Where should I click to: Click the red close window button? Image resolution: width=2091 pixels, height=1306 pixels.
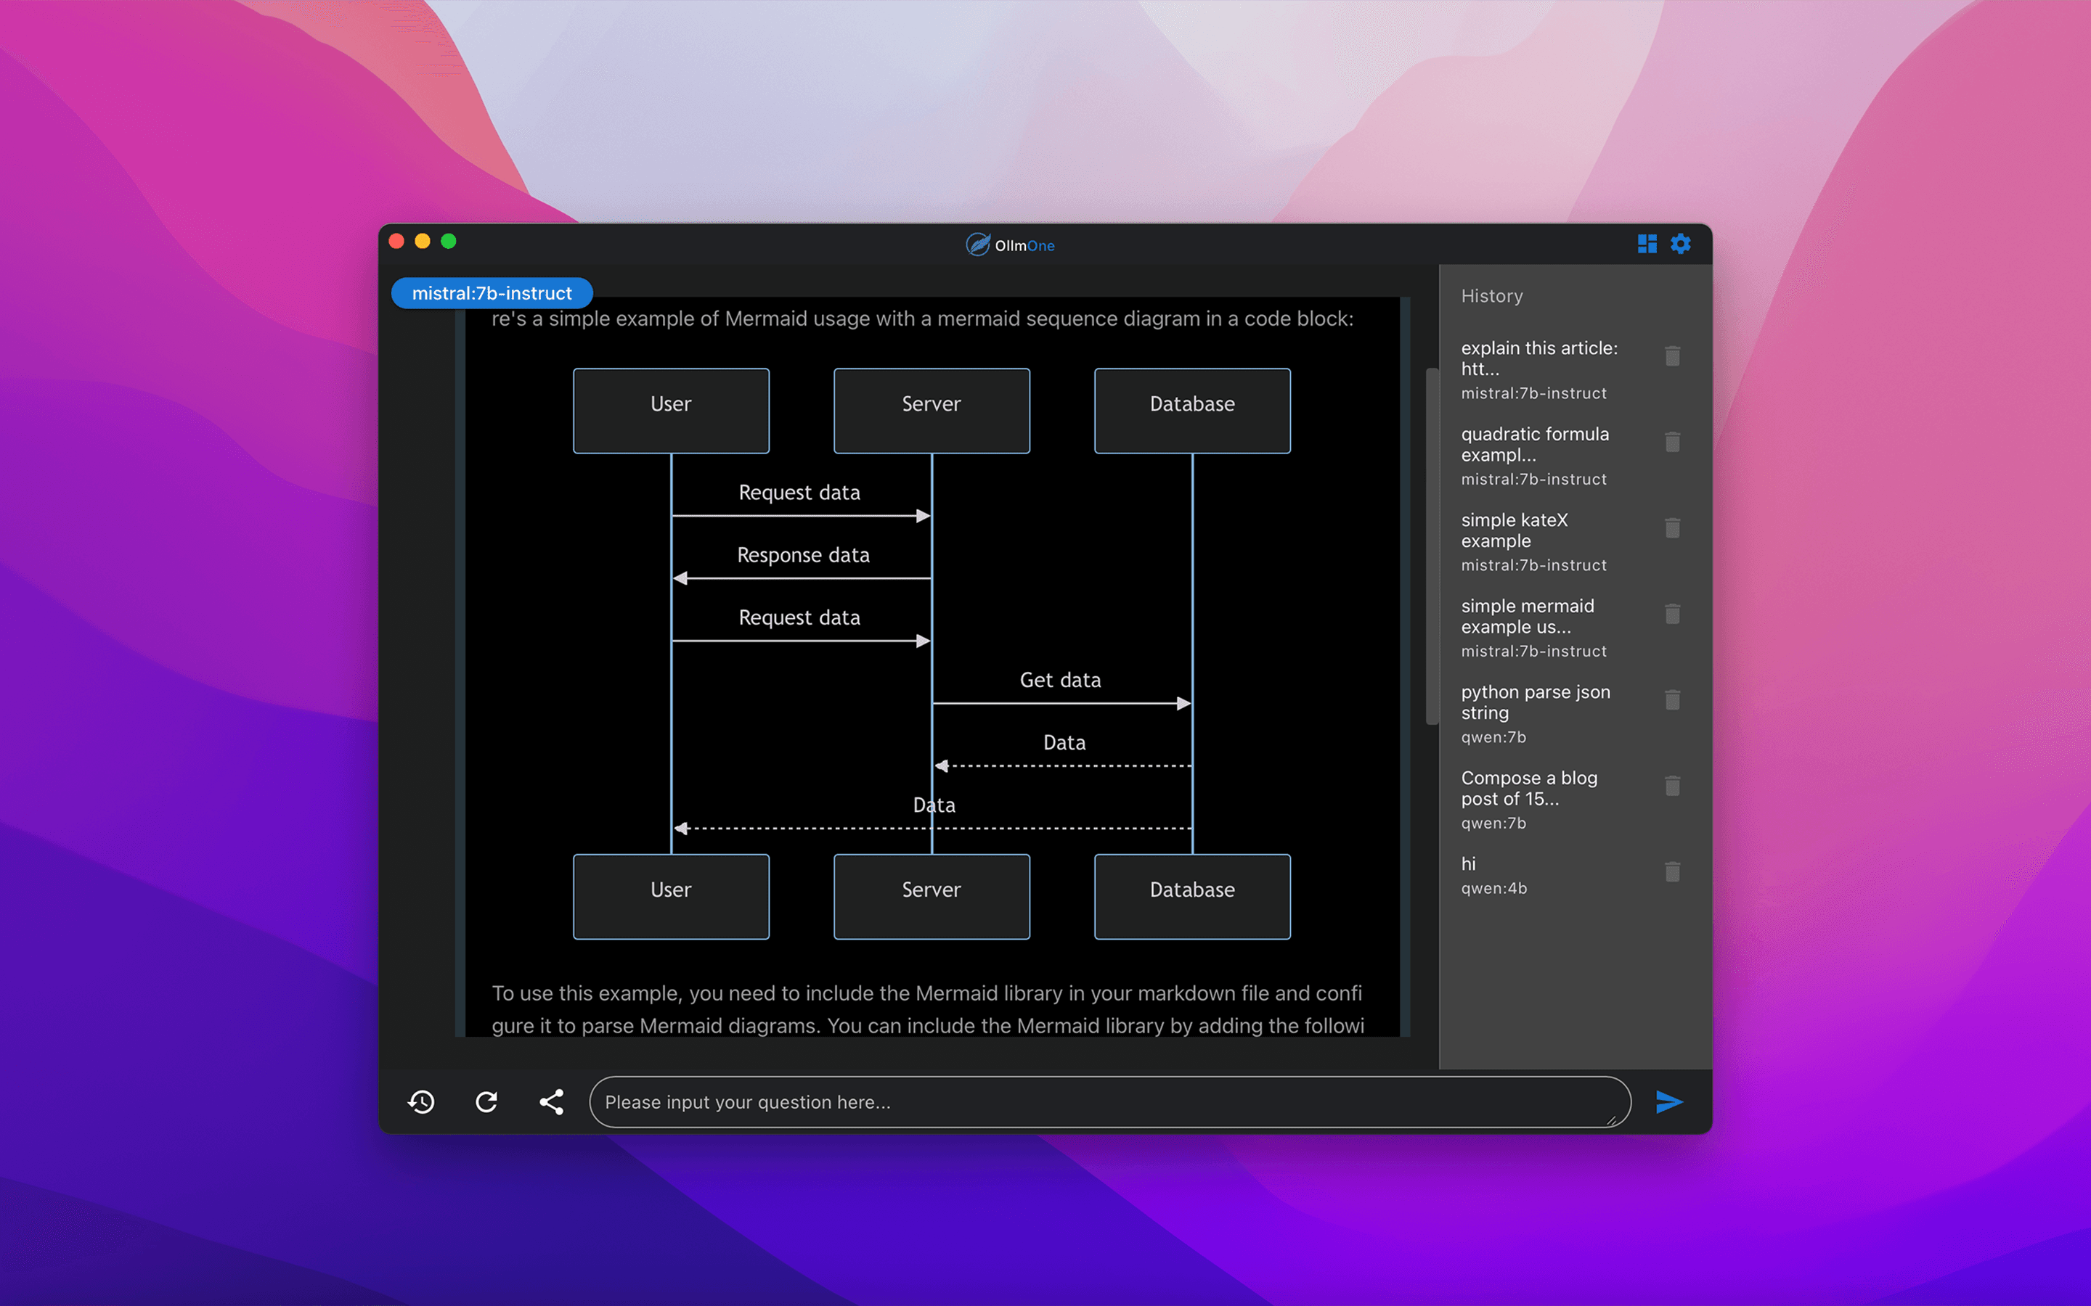pyautogui.click(x=396, y=241)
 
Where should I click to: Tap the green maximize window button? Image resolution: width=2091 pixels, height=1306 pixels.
pyautogui.click(x=449, y=241)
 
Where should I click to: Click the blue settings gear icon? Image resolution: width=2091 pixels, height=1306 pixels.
pyautogui.click(x=1680, y=245)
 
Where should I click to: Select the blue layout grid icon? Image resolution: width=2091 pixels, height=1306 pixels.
pyautogui.click(x=1647, y=245)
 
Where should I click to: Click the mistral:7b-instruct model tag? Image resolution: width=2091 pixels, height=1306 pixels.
pyautogui.click(x=492, y=293)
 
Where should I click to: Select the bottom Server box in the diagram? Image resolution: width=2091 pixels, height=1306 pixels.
pyautogui.click(x=932, y=897)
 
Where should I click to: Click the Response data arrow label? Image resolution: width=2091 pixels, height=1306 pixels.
pyautogui.click(x=804, y=555)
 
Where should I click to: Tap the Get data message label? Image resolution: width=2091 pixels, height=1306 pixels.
pyautogui.click(x=1060, y=681)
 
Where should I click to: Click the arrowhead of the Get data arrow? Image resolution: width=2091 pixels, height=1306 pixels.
pyautogui.click(x=1185, y=704)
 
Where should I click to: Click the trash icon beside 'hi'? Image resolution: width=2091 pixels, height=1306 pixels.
pyautogui.click(x=1673, y=871)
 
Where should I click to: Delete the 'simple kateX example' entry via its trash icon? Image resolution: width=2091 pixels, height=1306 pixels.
pyautogui.click(x=1673, y=527)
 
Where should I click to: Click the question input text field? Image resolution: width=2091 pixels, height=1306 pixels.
pyautogui.click(x=1109, y=1102)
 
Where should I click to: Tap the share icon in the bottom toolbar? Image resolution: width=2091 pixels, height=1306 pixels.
pyautogui.click(x=551, y=1102)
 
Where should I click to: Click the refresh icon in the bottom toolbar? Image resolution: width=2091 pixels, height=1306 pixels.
pyautogui.click(x=486, y=1102)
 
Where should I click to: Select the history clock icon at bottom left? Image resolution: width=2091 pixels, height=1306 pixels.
pyautogui.click(x=421, y=1102)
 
